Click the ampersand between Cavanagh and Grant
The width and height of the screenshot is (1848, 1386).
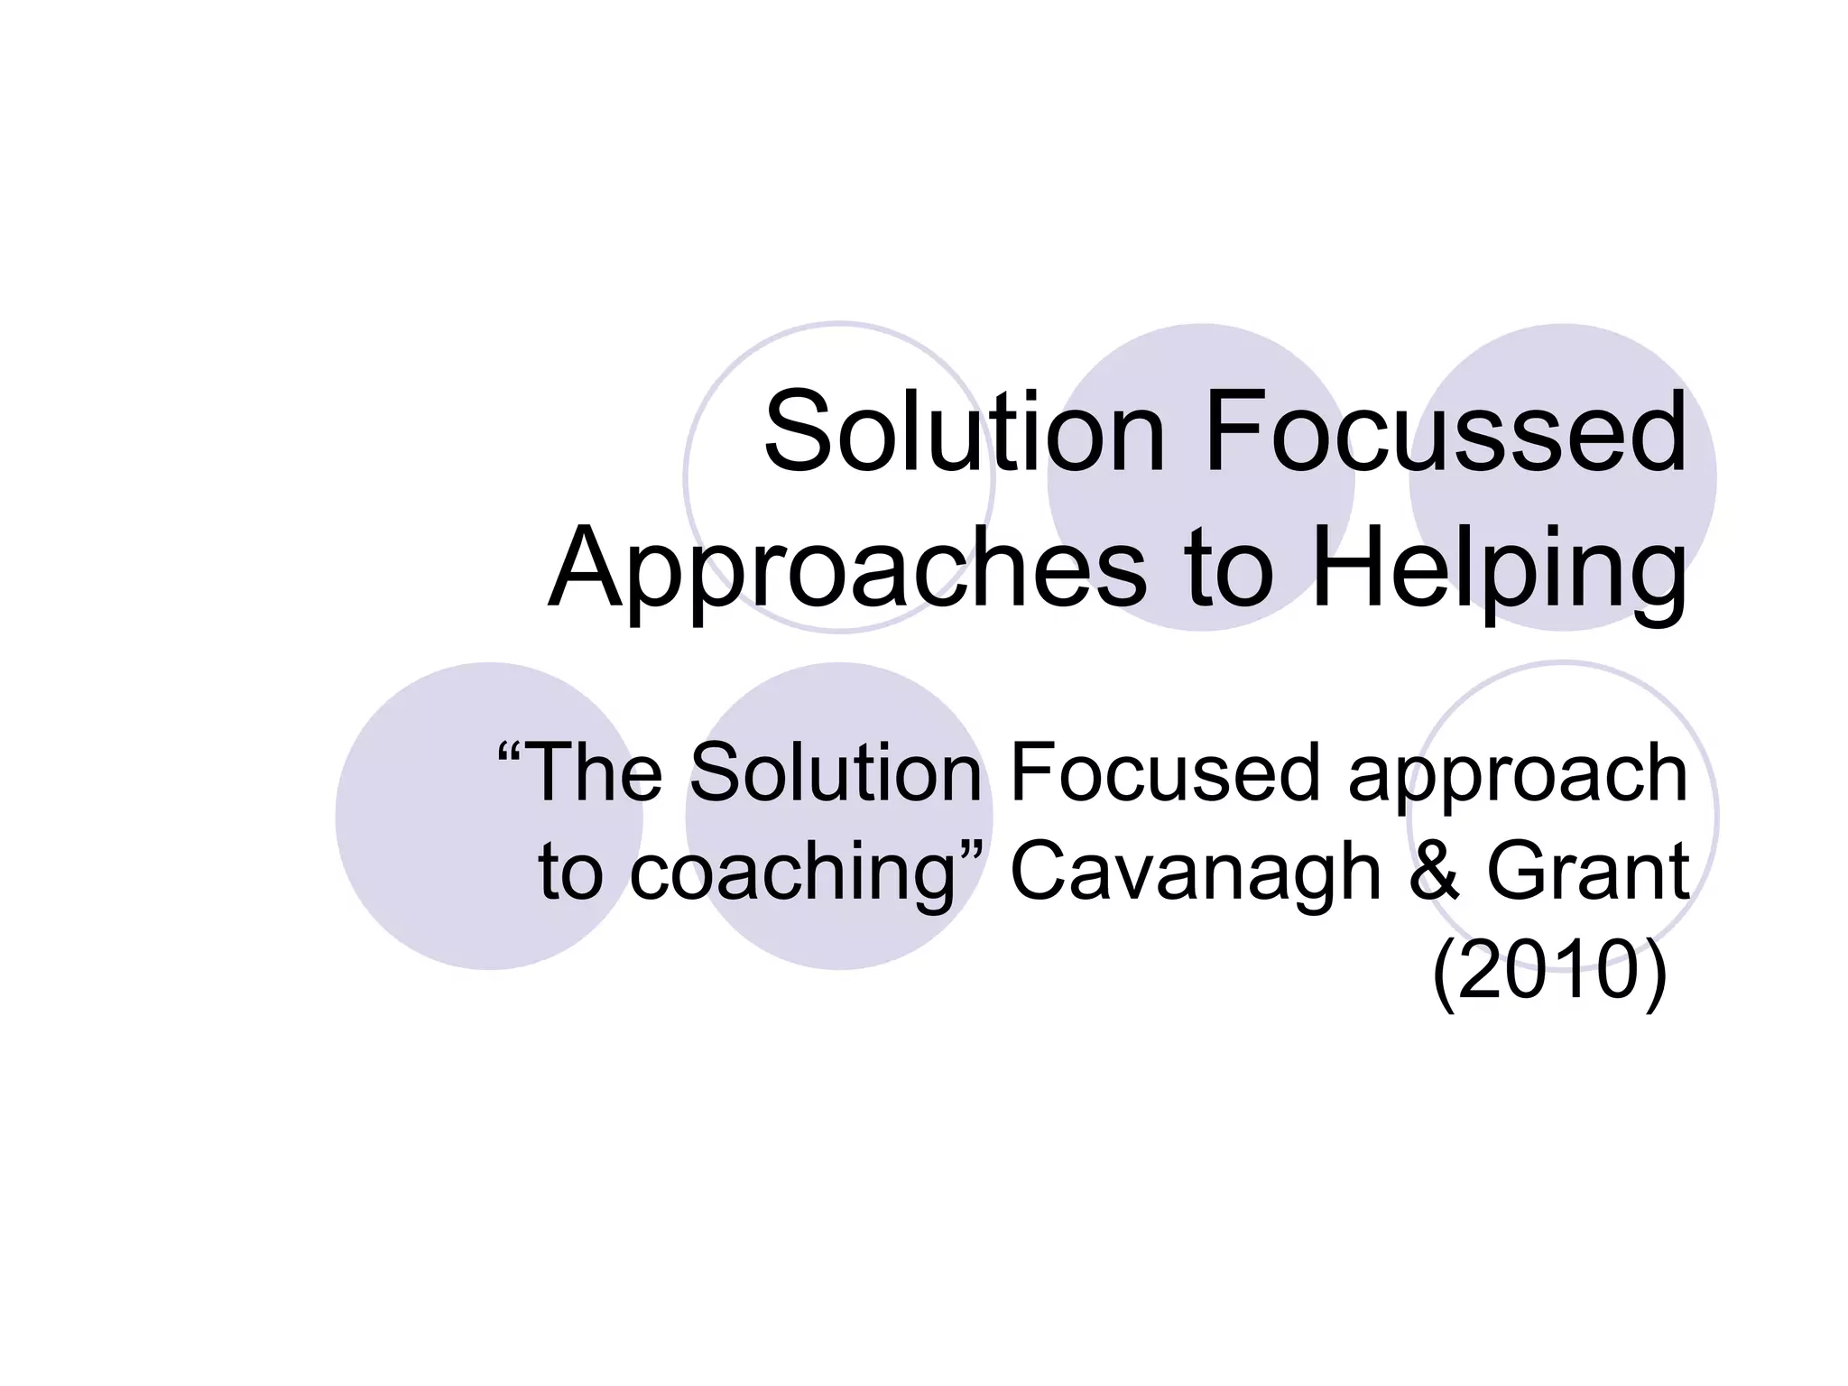click(x=1433, y=872)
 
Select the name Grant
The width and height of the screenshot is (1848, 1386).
click(x=1588, y=872)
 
